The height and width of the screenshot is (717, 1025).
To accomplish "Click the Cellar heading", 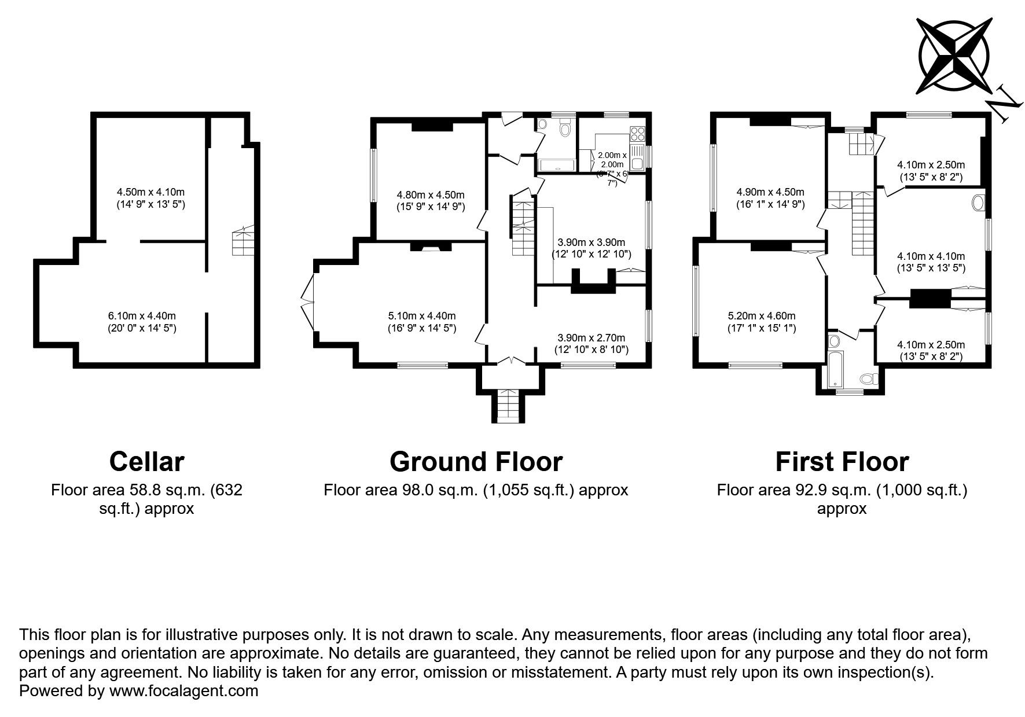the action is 147,461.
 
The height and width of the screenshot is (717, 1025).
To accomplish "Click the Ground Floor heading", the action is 476,461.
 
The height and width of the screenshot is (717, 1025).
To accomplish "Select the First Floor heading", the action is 842,461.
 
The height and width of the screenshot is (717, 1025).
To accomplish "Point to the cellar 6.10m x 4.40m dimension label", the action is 142,322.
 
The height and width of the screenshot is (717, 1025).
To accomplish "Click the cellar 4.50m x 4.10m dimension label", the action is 150,198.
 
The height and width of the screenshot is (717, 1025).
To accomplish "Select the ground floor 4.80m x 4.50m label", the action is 431,200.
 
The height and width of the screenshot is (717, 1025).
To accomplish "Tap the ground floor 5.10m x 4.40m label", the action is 422,322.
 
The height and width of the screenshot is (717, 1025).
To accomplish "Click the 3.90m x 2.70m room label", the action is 592,344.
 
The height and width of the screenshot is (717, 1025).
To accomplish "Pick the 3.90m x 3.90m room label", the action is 592,248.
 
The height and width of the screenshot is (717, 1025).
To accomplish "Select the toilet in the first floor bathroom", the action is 869,379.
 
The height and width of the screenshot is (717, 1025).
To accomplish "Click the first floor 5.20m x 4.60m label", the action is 762,322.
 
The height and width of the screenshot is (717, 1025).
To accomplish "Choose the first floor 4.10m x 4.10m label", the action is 931,262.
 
